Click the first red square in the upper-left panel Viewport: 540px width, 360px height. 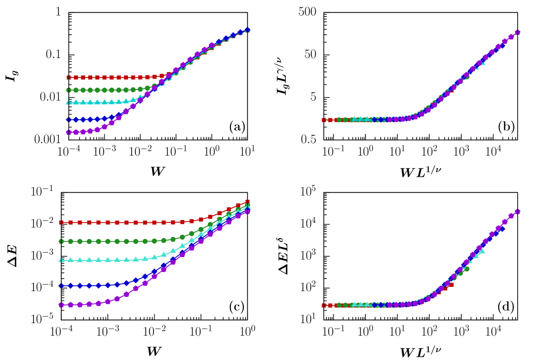69,78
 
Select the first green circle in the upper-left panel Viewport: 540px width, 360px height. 69,90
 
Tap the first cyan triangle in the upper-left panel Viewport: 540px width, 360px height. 69,102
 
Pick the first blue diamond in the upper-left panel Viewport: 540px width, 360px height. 69,120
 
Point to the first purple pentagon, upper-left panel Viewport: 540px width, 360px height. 69,132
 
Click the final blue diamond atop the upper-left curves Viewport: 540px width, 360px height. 247,30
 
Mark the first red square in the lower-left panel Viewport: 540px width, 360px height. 61,222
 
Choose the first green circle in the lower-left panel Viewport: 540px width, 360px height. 61,241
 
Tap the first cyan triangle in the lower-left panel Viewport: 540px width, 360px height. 61,260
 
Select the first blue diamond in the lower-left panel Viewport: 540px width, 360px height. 61,286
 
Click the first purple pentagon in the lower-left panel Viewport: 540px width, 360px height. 61,305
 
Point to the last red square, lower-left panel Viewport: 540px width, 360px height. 247,202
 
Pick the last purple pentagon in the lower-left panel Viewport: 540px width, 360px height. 247,211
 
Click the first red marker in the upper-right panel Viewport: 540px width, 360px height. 324,120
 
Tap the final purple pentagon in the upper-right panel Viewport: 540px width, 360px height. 517,33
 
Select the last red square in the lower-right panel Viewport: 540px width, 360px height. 451,284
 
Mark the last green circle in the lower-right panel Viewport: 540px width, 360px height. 466,269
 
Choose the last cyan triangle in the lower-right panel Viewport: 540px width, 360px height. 482,251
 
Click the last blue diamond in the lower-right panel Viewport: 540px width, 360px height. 502,229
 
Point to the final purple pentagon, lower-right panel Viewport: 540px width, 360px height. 517,211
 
